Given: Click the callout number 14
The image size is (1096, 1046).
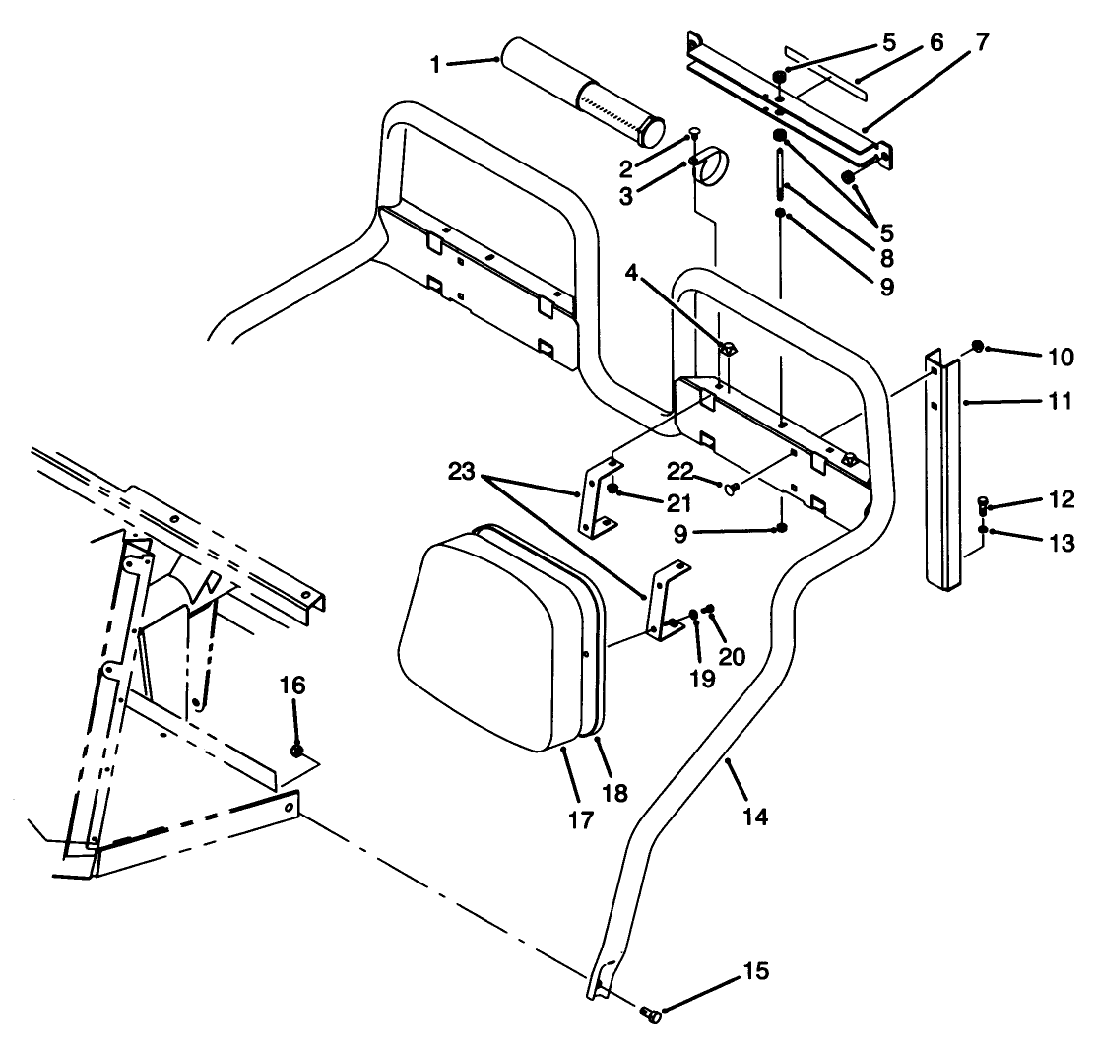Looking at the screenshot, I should (756, 817).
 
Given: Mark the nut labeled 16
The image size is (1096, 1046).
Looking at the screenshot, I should (296, 752).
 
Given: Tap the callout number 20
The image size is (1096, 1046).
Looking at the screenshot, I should (731, 656).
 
